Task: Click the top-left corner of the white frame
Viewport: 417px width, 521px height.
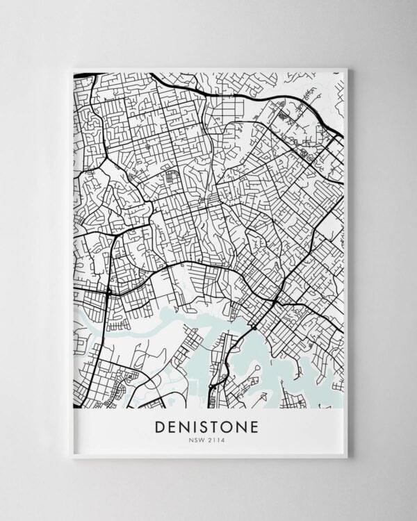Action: [72, 69]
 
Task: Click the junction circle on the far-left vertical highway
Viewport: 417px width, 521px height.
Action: [108, 292]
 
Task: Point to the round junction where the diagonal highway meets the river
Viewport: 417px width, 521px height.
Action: [254, 326]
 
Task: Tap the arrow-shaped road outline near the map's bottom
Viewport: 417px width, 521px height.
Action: [262, 398]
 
